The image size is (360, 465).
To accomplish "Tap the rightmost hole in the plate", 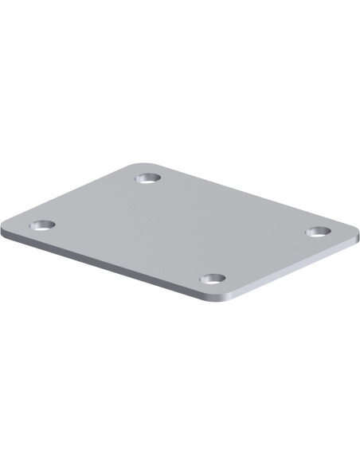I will (x=318, y=232).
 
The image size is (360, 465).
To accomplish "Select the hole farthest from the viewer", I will (x=148, y=178).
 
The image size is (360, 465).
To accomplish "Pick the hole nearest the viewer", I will (x=213, y=279).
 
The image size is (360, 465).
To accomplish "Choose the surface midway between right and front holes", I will (x=265, y=256).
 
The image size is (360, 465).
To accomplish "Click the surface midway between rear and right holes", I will (x=233, y=205).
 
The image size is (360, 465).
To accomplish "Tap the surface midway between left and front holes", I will (x=128, y=252).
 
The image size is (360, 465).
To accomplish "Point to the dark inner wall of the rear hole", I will (x=148, y=175).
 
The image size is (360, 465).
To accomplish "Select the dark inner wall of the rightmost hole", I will (x=318, y=229).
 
